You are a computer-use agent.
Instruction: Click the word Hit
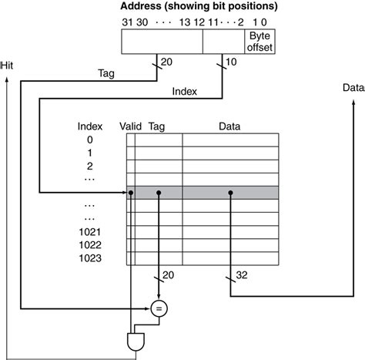(8, 66)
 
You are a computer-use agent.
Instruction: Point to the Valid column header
(131, 125)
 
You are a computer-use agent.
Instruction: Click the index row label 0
(90, 140)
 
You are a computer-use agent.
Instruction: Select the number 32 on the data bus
(242, 274)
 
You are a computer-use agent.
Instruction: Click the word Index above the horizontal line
(184, 91)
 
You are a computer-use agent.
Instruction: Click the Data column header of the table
(229, 125)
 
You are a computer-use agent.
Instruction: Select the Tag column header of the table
(156, 125)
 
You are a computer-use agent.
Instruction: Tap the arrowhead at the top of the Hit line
(8, 79)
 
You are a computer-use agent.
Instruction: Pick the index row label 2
(90, 166)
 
